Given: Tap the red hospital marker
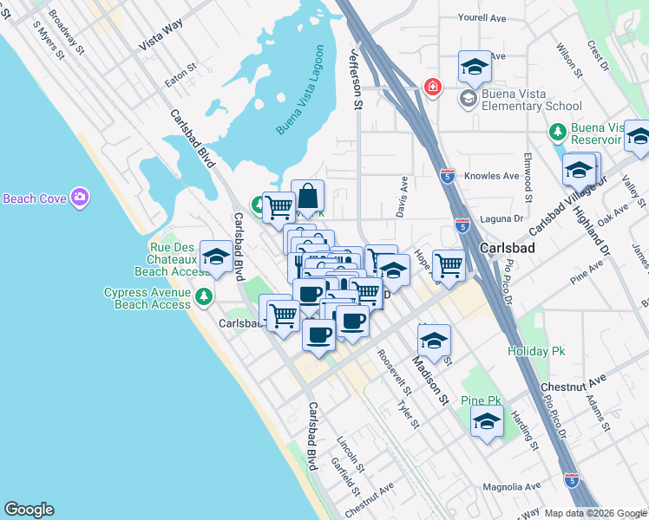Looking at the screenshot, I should pos(430,88).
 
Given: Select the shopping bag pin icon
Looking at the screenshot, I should pos(308,194).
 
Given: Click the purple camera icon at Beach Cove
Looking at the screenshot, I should pos(80,198).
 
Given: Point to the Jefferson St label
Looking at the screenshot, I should pos(356,79).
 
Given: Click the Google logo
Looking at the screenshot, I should pos(29,510).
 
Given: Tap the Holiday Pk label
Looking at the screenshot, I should pos(536,351).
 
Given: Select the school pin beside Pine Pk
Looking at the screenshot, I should pos(488,422).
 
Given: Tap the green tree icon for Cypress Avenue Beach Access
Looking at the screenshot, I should pos(204,296).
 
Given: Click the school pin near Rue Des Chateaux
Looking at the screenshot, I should pos(216,256).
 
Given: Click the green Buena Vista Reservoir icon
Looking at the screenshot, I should pos(558,133).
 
